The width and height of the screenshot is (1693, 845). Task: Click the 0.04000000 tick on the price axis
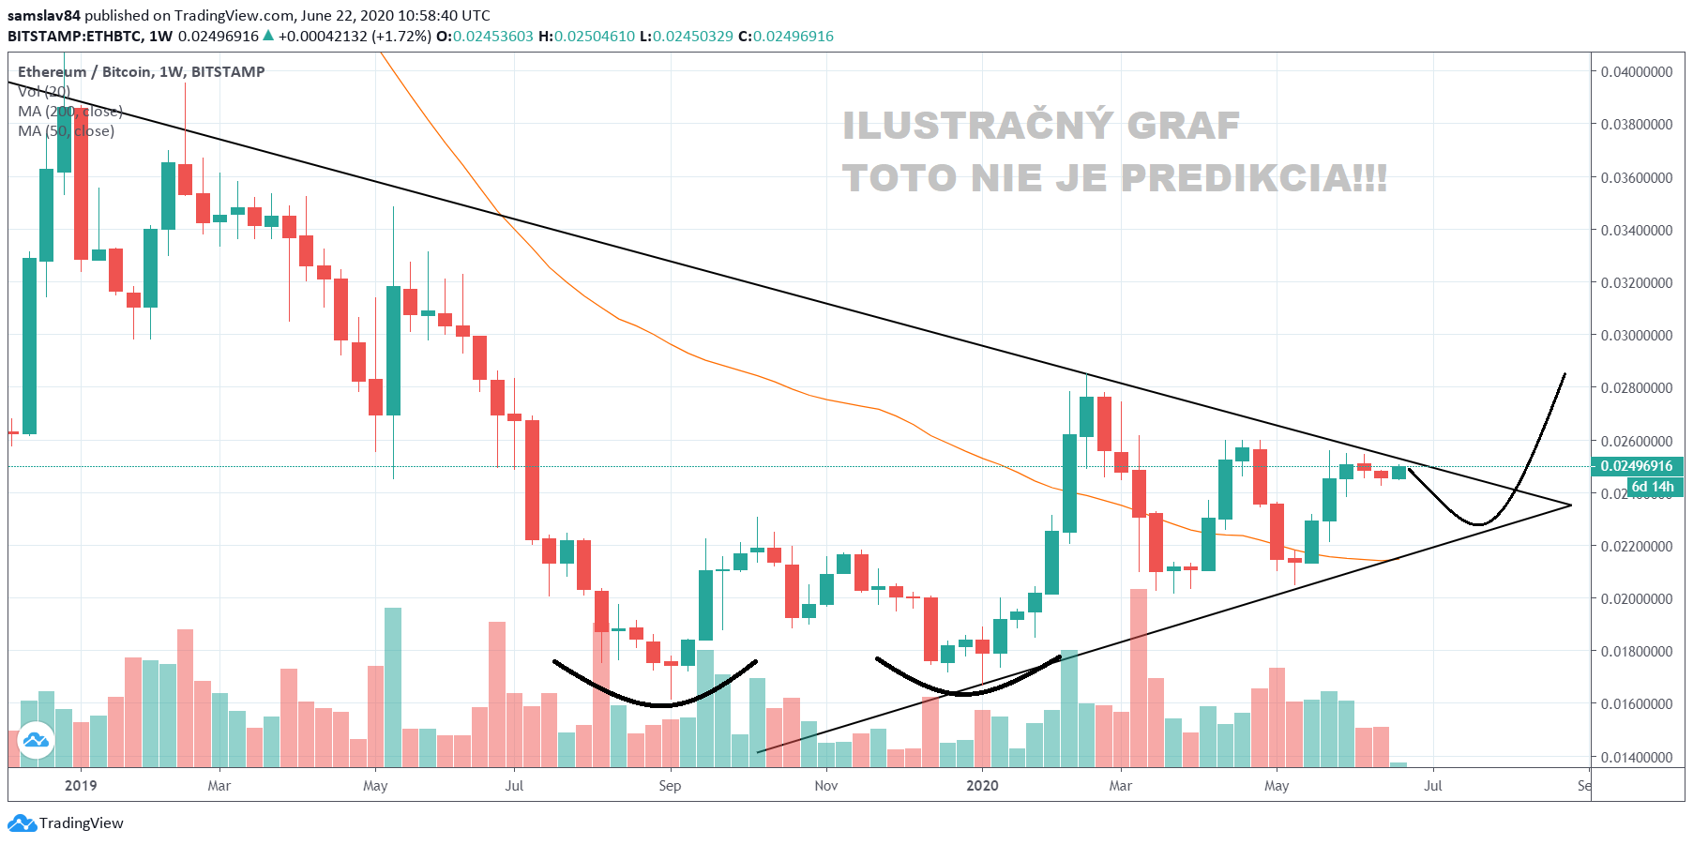(1636, 72)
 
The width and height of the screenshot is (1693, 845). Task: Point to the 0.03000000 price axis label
(1636, 336)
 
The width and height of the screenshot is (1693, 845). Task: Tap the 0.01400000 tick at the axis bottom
(1636, 757)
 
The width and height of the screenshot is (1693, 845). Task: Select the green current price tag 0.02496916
(1636, 466)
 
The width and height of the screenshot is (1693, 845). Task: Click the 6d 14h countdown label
(1652, 487)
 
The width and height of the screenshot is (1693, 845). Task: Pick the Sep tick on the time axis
(670, 786)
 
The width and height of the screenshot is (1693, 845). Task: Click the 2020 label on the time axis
(982, 786)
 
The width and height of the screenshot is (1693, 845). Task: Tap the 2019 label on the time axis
(81, 786)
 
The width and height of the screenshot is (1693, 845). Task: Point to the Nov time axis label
(826, 786)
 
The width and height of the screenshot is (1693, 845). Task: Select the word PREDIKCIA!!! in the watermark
(1253, 178)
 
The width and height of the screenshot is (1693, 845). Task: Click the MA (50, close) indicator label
(66, 131)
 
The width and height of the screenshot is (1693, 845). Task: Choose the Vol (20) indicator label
(44, 92)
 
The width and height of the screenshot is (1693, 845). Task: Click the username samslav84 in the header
(44, 16)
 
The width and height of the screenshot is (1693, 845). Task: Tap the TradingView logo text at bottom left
(81, 823)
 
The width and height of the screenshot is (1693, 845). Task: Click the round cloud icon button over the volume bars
(37, 740)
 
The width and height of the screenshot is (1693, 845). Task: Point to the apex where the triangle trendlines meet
(1571, 505)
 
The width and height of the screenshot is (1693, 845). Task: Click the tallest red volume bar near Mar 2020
(1139, 675)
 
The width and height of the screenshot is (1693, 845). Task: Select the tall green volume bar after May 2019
(393, 685)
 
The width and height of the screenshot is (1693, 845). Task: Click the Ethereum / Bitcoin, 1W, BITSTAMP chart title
(141, 72)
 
